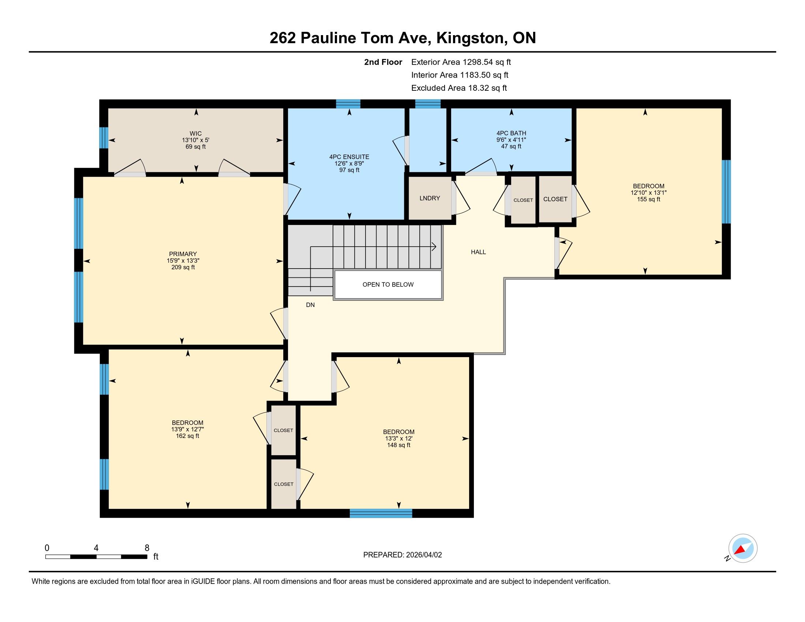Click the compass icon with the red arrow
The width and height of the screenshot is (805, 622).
(x=743, y=548)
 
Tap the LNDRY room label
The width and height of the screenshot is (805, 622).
(x=430, y=198)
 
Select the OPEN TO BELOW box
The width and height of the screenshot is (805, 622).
(x=388, y=284)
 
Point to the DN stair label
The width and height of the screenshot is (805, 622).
(x=310, y=305)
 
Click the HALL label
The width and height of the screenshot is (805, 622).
(x=479, y=252)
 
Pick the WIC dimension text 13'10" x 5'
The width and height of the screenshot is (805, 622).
(x=196, y=140)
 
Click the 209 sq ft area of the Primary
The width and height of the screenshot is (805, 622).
(x=183, y=267)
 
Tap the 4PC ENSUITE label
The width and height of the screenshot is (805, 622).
(x=349, y=157)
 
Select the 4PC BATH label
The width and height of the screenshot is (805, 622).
(x=511, y=133)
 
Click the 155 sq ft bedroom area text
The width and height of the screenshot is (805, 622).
(x=649, y=199)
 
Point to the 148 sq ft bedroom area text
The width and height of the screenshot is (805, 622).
(x=399, y=445)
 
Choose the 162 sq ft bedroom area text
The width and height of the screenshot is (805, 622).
(x=188, y=436)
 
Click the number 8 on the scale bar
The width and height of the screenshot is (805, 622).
(x=147, y=548)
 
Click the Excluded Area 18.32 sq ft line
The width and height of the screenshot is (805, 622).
(x=459, y=88)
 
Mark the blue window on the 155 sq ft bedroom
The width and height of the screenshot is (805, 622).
(x=726, y=192)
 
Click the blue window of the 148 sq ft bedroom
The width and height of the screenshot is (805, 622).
(x=381, y=513)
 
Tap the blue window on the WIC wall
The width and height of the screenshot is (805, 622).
(x=104, y=138)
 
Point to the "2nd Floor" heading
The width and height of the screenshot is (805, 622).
(x=383, y=62)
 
